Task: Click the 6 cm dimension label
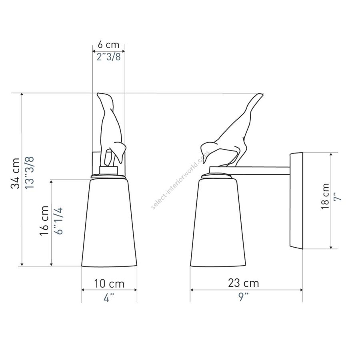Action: coord(108,44)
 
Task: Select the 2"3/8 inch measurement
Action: coord(108,57)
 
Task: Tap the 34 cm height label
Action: coord(15,173)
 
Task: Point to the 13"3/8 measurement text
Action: coord(29,173)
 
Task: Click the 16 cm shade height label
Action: coord(44,221)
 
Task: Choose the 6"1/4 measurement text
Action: coord(59,221)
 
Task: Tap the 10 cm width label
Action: coord(109,284)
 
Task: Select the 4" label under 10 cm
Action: coord(109,298)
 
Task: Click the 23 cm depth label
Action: coord(244,283)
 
